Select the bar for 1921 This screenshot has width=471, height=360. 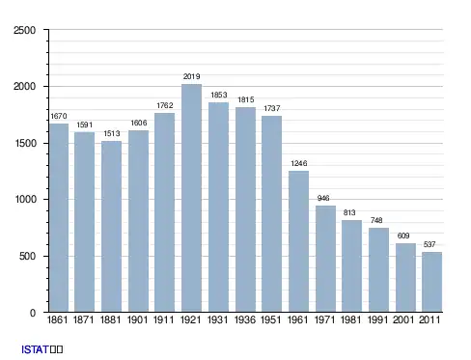tap(191, 198)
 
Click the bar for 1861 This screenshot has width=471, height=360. tap(59, 218)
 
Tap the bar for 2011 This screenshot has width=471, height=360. tap(431, 282)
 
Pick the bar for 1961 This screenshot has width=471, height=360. tap(298, 241)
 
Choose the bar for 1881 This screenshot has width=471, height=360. tap(111, 227)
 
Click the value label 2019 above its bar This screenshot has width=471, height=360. tap(192, 76)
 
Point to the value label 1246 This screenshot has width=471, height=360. tap(299, 163)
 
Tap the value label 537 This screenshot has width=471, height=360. tap(429, 244)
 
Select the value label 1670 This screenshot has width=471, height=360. tap(59, 116)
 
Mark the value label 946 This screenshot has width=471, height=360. tap(323, 198)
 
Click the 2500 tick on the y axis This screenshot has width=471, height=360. tap(24, 30)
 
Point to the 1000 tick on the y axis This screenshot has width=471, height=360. tap(25, 199)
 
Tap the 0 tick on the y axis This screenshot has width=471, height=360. tap(33, 313)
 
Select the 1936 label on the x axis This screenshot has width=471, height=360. tap(245, 319)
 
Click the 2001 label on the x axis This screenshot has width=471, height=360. tap(403, 319)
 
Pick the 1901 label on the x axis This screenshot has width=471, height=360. tap(138, 319)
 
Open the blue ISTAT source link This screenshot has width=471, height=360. tap(35, 349)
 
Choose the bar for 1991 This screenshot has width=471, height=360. tap(378, 270)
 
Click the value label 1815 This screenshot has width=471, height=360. tap(246, 99)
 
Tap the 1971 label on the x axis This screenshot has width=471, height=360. tap(324, 319)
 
